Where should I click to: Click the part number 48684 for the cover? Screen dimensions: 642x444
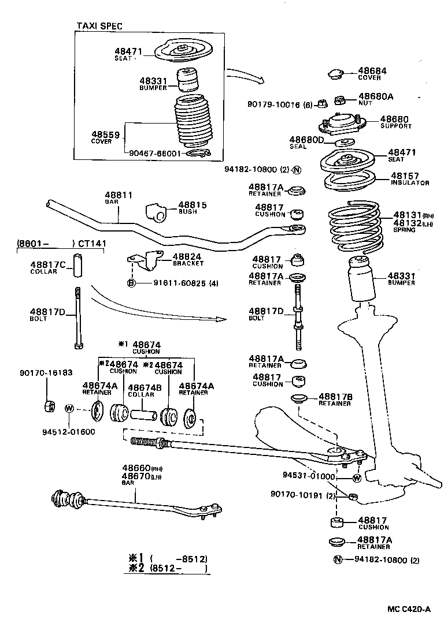[x=372, y=70]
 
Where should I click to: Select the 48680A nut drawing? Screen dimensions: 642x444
[x=340, y=100]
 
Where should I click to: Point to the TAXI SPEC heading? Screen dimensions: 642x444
[x=99, y=27]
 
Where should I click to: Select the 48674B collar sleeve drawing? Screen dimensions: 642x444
[x=143, y=415]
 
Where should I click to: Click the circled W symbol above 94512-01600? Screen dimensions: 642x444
[x=69, y=408]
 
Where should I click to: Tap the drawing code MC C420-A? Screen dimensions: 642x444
[x=409, y=609]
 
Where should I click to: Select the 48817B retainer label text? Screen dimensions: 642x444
[x=336, y=397]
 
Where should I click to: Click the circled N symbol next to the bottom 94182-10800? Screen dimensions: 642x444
[x=337, y=559]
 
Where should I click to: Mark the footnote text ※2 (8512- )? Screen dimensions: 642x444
[x=168, y=568]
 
